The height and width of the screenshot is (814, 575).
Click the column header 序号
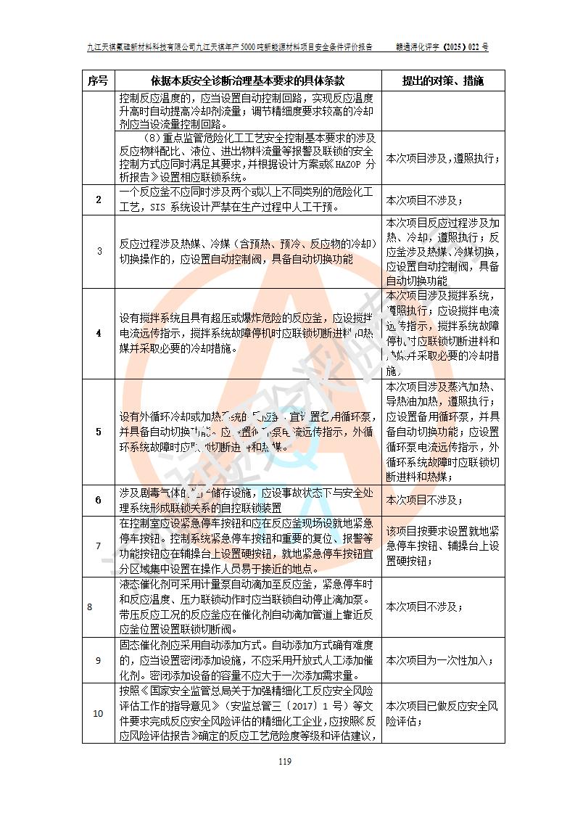[x=98, y=80]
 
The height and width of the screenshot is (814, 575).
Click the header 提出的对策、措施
[x=442, y=80]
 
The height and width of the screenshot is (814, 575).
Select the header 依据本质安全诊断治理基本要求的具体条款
[x=247, y=80]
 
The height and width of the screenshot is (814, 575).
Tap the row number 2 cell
[x=98, y=200]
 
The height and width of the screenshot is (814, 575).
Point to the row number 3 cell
[x=98, y=251]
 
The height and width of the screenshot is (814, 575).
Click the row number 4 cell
[x=98, y=333]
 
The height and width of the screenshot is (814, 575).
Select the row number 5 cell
[x=98, y=432]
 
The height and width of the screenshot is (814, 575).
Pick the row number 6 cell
[x=98, y=500]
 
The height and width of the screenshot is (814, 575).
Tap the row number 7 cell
[x=98, y=546]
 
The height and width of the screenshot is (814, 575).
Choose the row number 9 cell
[x=98, y=660]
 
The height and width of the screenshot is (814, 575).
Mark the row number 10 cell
[x=98, y=713]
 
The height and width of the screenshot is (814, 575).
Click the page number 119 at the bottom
[x=285, y=761]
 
